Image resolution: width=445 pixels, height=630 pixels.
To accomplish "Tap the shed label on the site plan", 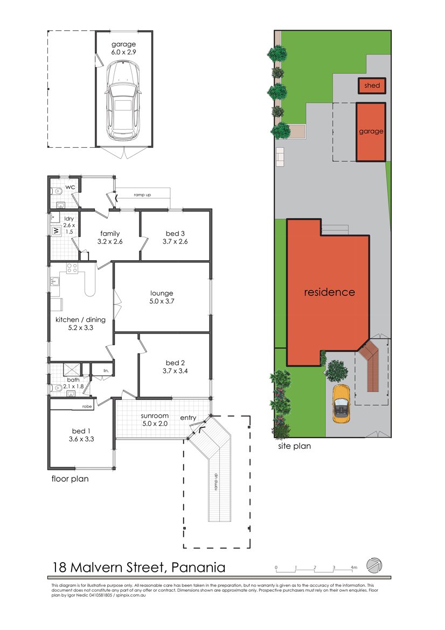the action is click(x=372, y=85).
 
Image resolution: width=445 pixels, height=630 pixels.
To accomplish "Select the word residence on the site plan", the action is click(x=329, y=292).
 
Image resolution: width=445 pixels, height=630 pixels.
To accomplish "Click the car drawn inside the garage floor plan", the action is click(x=123, y=99).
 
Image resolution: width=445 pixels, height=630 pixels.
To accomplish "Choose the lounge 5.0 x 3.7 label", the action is click(x=162, y=297).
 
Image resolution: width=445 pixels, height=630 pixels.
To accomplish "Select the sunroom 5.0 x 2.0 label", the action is click(x=155, y=419).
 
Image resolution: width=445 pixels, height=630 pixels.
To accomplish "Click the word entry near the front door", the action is click(x=188, y=418).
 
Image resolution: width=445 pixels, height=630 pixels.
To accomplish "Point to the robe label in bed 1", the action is click(x=87, y=406).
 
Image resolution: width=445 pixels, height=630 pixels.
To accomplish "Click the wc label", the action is click(x=70, y=187).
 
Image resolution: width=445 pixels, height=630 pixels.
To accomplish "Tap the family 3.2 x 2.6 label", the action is click(x=110, y=237).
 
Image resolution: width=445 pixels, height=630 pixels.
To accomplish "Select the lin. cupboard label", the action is click(x=106, y=370).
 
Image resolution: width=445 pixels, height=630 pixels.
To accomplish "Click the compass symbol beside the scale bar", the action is click(x=374, y=565).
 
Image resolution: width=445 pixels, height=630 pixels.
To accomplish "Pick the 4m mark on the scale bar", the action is click(x=354, y=567).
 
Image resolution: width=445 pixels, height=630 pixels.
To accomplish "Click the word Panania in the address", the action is click(x=198, y=567).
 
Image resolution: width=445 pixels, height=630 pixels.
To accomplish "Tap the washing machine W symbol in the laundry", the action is click(x=56, y=231).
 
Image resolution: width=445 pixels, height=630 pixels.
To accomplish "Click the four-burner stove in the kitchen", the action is click(x=72, y=268).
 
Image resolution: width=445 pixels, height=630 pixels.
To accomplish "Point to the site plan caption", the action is click(x=294, y=446).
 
